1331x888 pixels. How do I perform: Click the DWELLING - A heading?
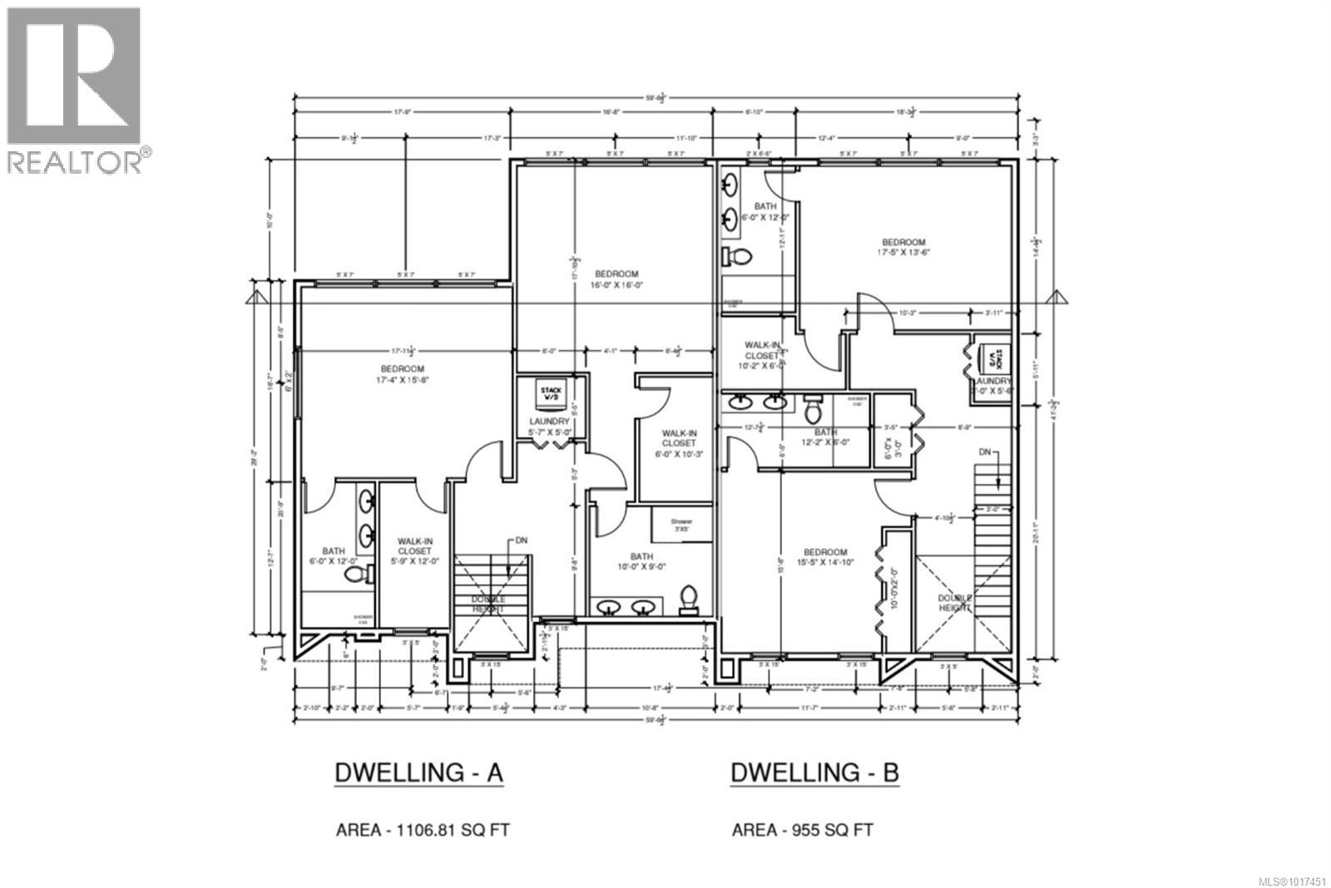418,772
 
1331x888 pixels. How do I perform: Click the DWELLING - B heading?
814,772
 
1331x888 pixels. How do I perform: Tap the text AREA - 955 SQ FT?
803,829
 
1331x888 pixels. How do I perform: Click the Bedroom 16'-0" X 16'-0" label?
616,279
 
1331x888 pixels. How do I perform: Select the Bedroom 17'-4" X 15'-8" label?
403,374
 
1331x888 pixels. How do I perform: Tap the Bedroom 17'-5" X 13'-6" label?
903,247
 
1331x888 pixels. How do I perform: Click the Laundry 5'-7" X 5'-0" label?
549,427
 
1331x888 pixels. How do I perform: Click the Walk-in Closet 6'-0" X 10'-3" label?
679,443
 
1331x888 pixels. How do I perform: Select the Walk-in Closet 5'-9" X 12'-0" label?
413,550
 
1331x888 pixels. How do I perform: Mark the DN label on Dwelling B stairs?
985,451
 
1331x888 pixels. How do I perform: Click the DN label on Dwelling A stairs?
522,540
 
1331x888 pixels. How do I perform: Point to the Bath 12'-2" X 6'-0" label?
825,437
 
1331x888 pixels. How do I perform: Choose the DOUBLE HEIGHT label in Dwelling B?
955,603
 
